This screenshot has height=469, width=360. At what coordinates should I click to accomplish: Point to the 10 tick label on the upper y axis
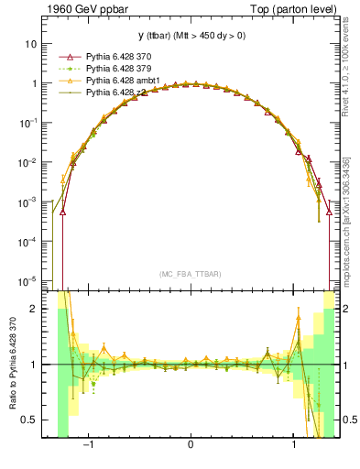pyautogui.click(x=32, y=43)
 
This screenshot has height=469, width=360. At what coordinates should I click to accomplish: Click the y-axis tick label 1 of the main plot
pyautogui.click(x=35, y=82)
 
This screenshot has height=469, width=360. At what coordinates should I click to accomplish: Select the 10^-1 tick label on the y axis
pyautogui.click(x=29, y=122)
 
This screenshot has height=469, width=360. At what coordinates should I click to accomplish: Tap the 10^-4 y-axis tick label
pyautogui.click(x=29, y=241)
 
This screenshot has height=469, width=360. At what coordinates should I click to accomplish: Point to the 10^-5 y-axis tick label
pyautogui.click(x=29, y=280)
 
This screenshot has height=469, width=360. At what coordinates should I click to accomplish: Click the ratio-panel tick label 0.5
pyautogui.click(x=30, y=420)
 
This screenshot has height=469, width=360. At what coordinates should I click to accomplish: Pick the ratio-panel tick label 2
pyautogui.click(x=35, y=309)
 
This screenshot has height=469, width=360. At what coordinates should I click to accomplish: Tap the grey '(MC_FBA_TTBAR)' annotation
pyautogui.click(x=190, y=274)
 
